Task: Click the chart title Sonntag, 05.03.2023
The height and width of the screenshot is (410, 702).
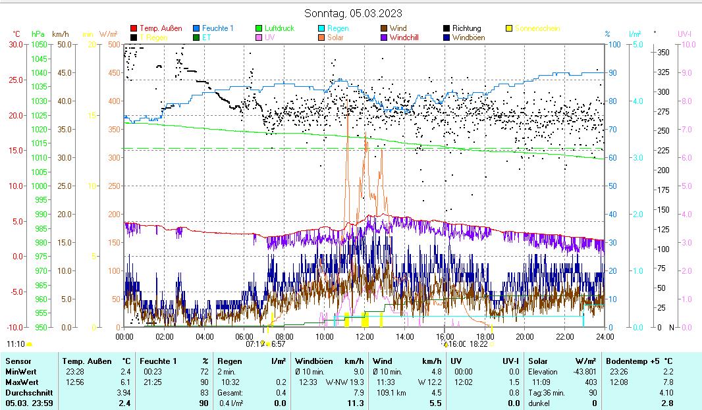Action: click(x=353, y=13)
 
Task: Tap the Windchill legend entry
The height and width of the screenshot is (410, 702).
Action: click(x=408, y=38)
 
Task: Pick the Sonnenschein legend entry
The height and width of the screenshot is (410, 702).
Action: click(x=537, y=28)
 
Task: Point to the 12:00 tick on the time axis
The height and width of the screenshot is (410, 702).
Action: click(x=364, y=336)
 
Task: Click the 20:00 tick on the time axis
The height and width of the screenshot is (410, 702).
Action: click(x=524, y=336)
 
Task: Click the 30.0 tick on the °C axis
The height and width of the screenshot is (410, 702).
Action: click(x=16, y=44)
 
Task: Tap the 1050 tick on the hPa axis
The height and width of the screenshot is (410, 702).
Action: click(x=39, y=44)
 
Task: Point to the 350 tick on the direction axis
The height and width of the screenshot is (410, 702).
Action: click(x=663, y=52)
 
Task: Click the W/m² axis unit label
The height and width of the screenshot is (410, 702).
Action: click(x=109, y=34)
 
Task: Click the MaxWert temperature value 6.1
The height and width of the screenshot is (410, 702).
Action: click(x=126, y=382)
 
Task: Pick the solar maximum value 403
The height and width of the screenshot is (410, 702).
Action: click(x=590, y=382)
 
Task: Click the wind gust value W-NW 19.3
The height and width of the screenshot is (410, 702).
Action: click(x=348, y=382)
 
